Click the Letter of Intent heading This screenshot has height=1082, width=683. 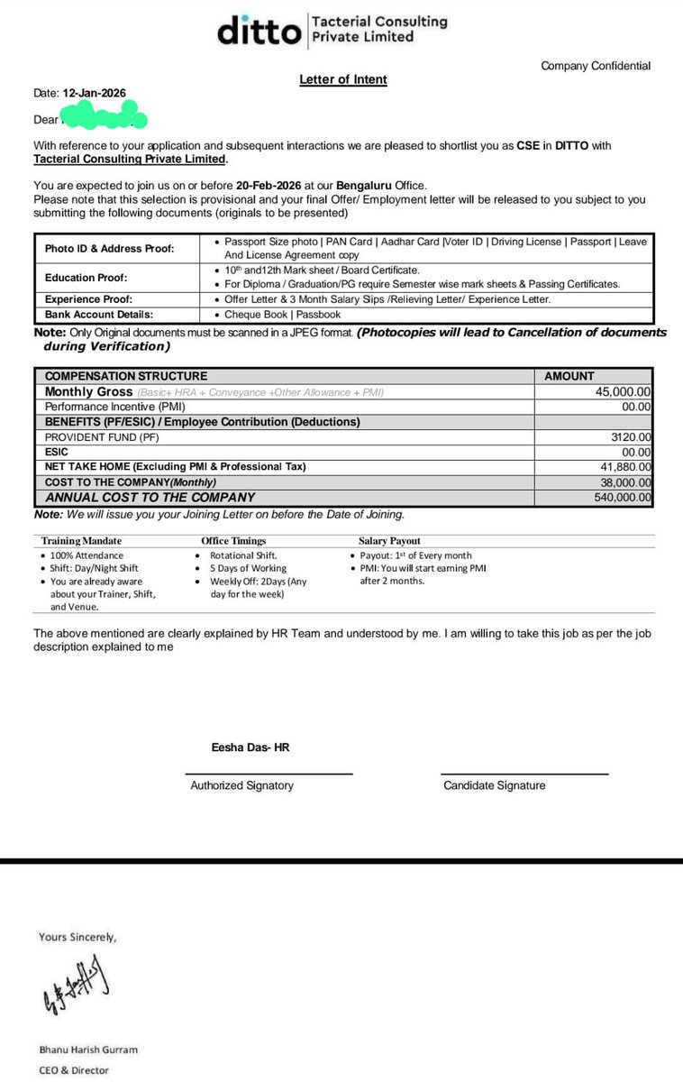(343, 79)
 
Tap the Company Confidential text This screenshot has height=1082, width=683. (595, 66)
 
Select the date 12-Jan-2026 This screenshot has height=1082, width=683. (95, 93)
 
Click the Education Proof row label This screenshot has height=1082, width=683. (87, 278)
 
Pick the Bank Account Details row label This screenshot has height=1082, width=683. (99, 315)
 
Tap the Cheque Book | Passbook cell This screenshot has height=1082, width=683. (283, 315)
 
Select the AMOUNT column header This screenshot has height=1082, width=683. (569, 376)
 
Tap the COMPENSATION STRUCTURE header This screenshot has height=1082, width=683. (126, 376)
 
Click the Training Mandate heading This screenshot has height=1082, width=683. (79, 541)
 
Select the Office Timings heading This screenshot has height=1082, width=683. (232, 541)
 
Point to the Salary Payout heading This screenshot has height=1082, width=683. (389, 541)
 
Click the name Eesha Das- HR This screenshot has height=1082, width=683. (250, 747)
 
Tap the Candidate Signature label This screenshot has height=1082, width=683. (494, 785)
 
